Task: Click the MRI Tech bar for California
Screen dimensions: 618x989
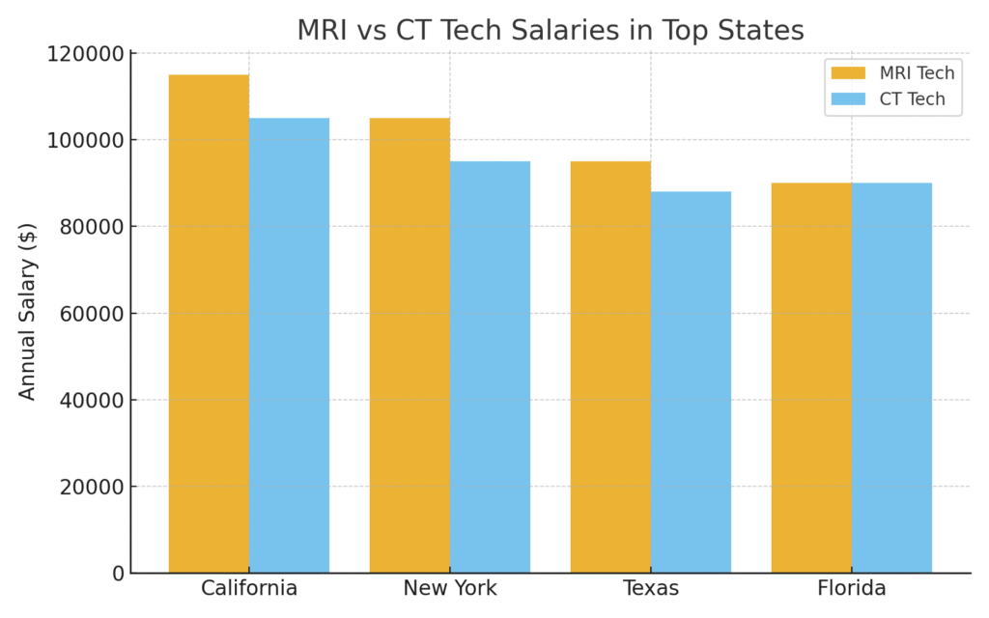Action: pyautogui.click(x=209, y=323)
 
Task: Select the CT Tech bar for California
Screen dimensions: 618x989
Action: pyautogui.click(x=289, y=345)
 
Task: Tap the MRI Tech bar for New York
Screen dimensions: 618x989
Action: pyautogui.click(x=410, y=345)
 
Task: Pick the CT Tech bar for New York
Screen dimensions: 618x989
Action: pyautogui.click(x=490, y=367)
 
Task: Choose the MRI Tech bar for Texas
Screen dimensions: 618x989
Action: pyautogui.click(x=610, y=367)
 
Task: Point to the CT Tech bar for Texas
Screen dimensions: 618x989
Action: pyautogui.click(x=691, y=381)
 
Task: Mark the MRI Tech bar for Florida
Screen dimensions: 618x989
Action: pyautogui.click(x=811, y=378)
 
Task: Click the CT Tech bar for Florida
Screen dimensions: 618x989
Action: pyautogui.click(x=891, y=378)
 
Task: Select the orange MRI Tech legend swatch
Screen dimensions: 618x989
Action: pyautogui.click(x=848, y=73)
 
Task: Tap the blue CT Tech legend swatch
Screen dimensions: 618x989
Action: pyautogui.click(x=848, y=99)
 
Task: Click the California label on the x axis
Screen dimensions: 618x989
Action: pyautogui.click(x=249, y=588)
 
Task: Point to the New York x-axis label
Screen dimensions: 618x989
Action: pyautogui.click(x=450, y=588)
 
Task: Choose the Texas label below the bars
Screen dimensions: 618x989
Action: pyautogui.click(x=651, y=588)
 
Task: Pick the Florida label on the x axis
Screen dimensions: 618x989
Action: pyautogui.click(x=852, y=588)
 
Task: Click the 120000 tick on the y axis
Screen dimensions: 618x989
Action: pyautogui.click(x=86, y=54)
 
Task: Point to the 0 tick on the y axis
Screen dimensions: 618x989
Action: pyautogui.click(x=118, y=574)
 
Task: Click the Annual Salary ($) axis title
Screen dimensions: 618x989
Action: pyautogui.click(x=28, y=311)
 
